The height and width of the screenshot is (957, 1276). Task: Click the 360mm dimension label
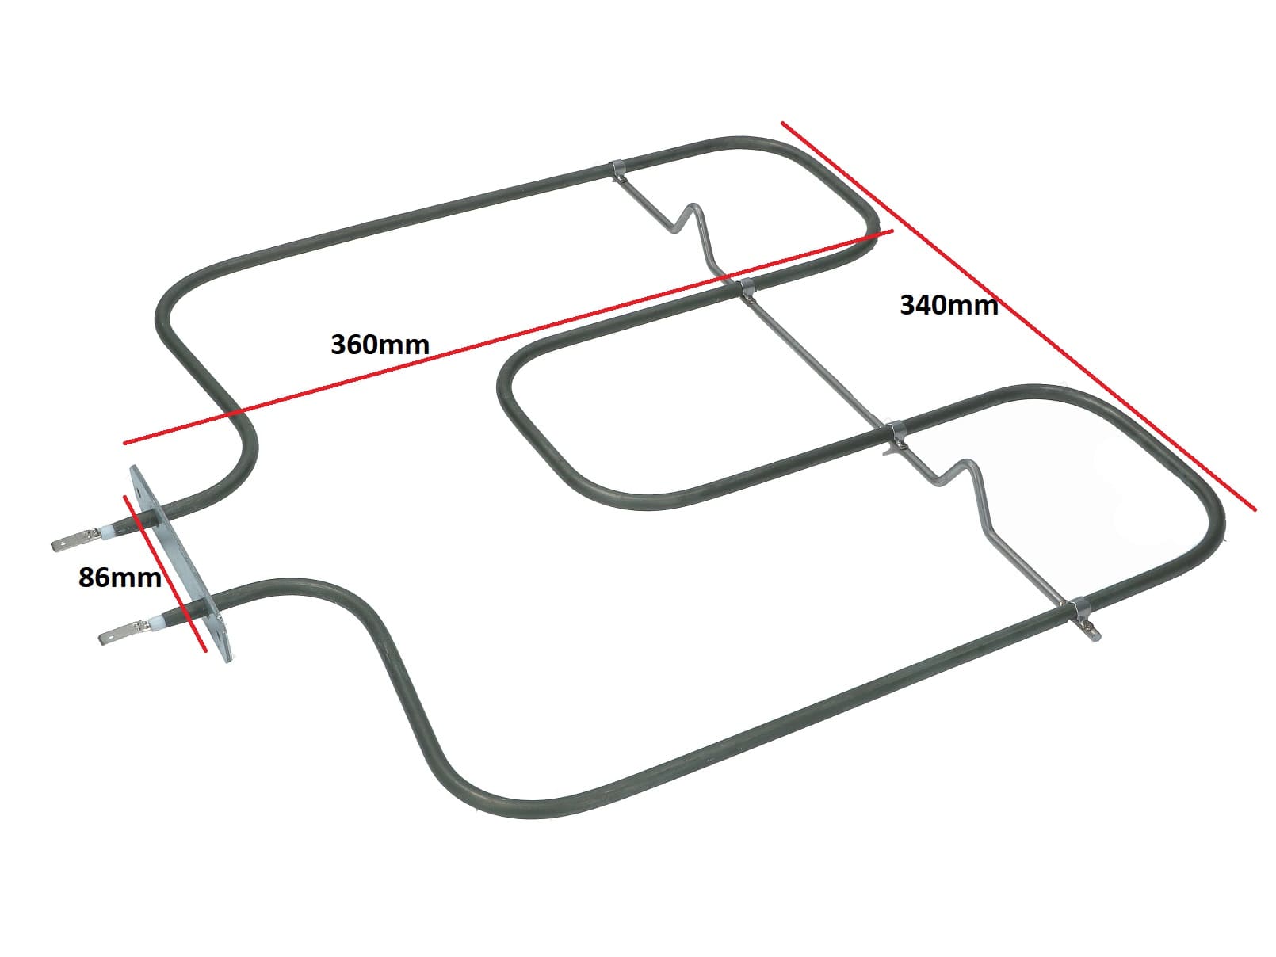coord(380,345)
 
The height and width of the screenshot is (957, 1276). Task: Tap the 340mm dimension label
coord(949,305)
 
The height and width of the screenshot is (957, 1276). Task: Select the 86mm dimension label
coord(120,578)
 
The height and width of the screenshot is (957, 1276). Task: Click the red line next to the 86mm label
coord(165,573)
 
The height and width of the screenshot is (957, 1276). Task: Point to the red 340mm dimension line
coord(1018,316)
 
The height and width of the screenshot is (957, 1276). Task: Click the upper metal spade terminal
coord(74,540)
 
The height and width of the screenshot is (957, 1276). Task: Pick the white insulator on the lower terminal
coord(155,624)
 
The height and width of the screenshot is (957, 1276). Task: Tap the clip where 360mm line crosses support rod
coord(745,288)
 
